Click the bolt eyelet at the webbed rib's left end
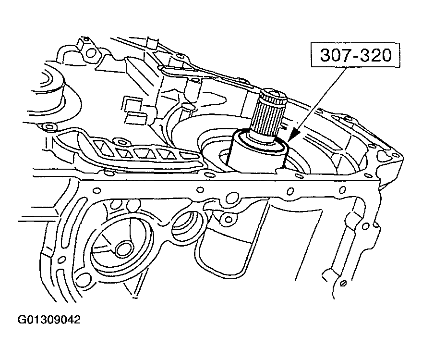coord(48,127)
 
